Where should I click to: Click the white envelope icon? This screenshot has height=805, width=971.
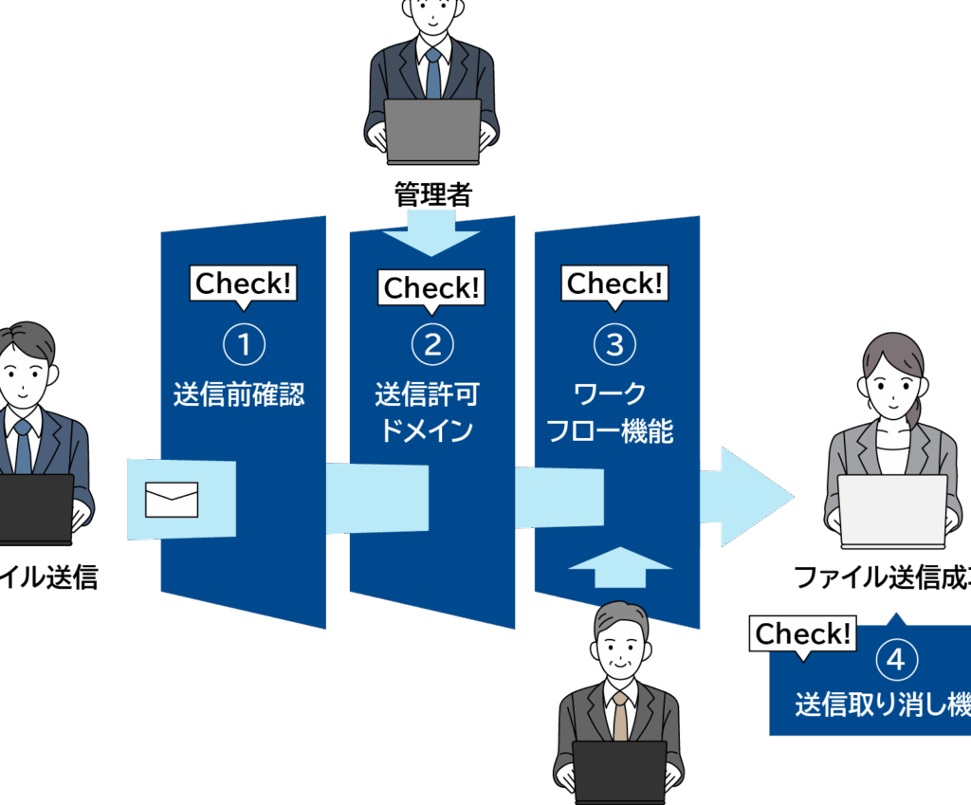coord(172,500)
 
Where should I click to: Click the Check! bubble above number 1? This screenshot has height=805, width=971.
coord(245,284)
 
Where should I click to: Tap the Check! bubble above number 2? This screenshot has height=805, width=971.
coord(431,286)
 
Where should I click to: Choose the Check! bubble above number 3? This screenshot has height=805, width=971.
coord(614,283)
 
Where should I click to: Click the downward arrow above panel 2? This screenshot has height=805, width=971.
coord(431,233)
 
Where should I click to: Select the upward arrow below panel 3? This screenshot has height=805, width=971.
coord(620,568)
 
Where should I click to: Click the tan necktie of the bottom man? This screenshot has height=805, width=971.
coord(620,715)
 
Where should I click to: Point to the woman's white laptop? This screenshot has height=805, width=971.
coord(892,510)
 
